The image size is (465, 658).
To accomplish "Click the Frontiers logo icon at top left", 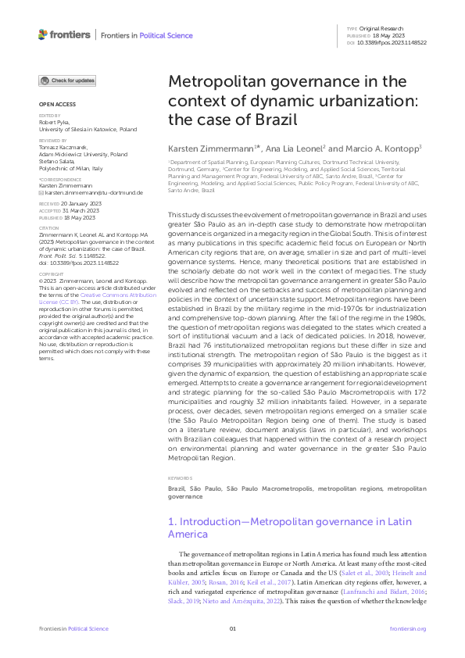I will pyautogui.click(x=43, y=34).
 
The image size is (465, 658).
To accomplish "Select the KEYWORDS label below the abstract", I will pyautogui.click(x=180, y=477).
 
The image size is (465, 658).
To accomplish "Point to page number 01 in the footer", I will pyautogui.click(x=232, y=628).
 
